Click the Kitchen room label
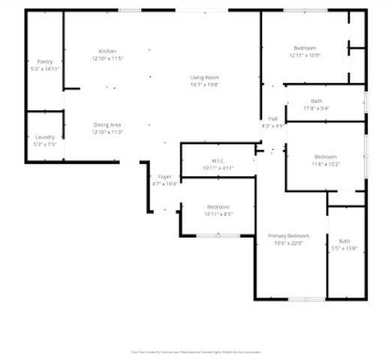(107, 51)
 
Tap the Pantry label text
(45, 61)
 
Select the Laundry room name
(44, 136)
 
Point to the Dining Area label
(107, 124)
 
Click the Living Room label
(203, 78)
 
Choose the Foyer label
(164, 176)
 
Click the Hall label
(273, 119)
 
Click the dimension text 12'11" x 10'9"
(305, 55)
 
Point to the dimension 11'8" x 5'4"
(316, 108)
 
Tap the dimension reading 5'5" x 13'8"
(344, 248)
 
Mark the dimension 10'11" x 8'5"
(218, 214)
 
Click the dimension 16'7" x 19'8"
(203, 85)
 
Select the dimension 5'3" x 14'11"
(45, 68)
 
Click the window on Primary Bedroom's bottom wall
(307, 299)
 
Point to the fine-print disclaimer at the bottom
(196, 351)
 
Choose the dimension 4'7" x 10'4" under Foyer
(164, 183)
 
